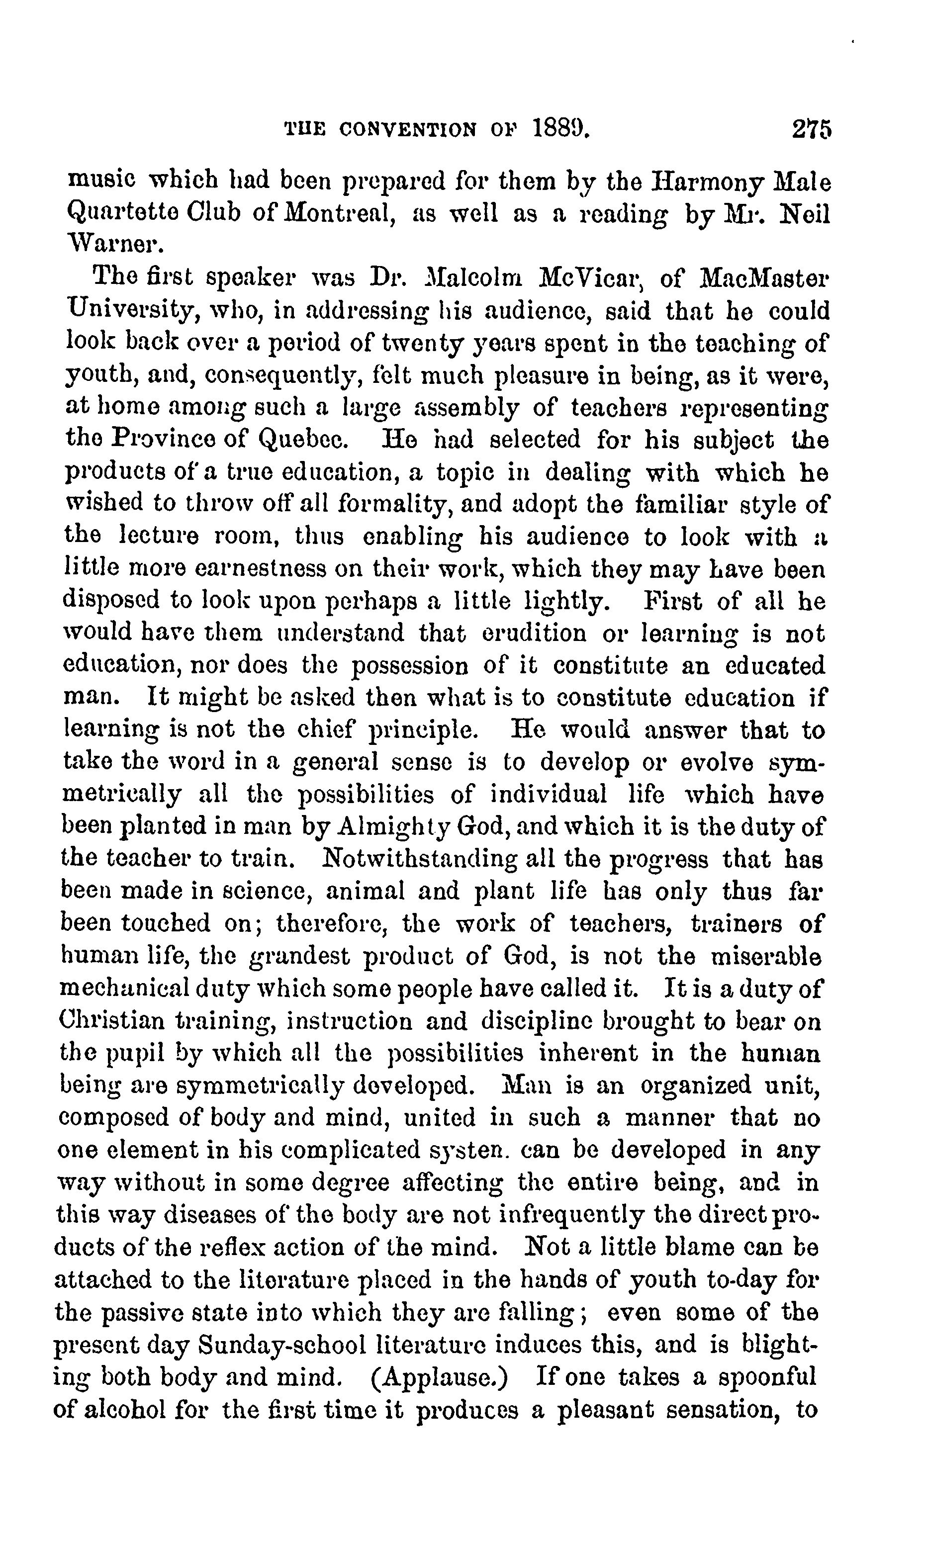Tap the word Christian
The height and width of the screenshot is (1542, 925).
pyautogui.click(x=112, y=1021)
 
